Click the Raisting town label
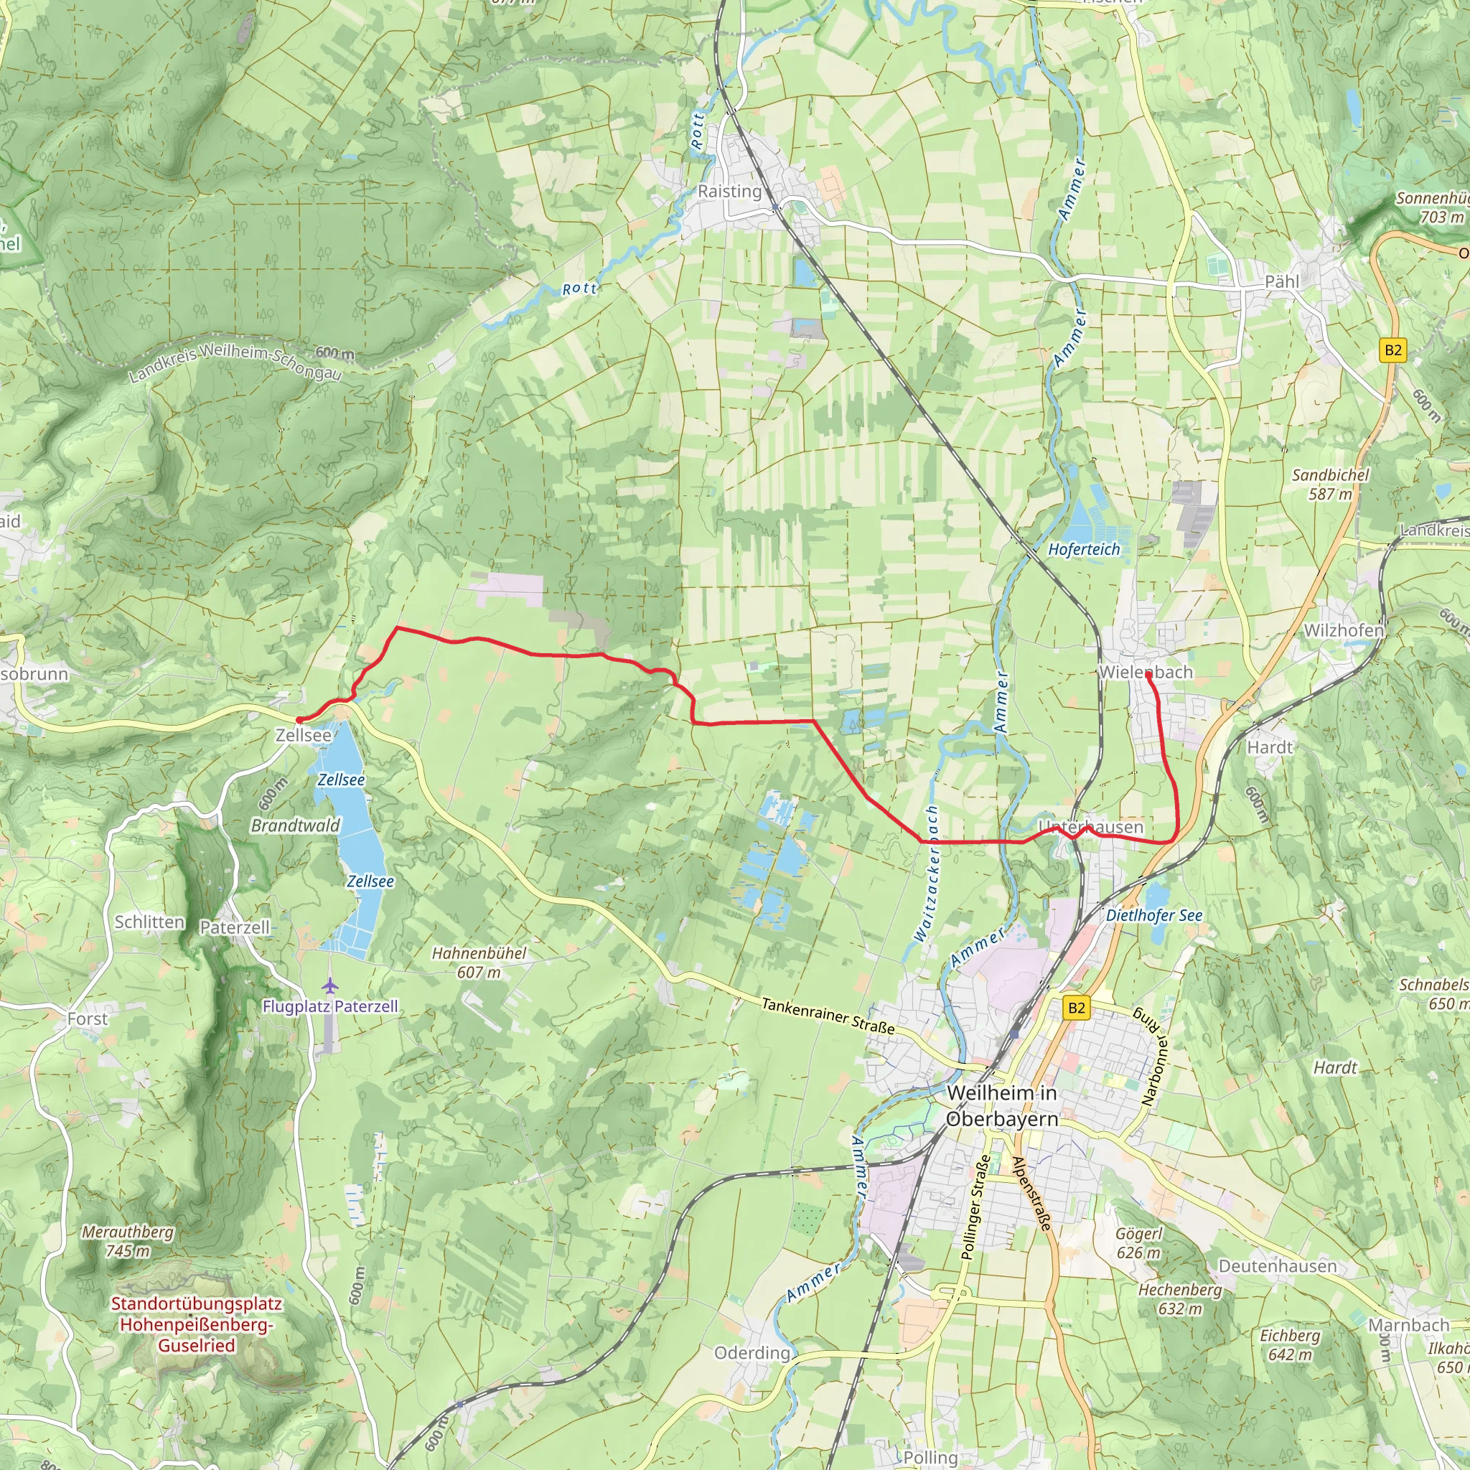(729, 191)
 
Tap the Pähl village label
(1282, 281)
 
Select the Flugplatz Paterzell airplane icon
(329, 986)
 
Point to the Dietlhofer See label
(1153, 915)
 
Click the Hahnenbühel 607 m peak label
(479, 963)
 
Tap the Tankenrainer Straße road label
(828, 1016)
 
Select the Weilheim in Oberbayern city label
(1002, 1105)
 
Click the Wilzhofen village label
(1343, 631)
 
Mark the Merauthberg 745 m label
(128, 1241)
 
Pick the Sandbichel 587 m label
(1330, 484)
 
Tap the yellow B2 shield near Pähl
(1392, 350)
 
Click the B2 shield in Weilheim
(1076, 1008)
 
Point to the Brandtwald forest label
(295, 825)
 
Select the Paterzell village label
(234, 927)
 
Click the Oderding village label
(752, 1353)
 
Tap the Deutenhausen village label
(1277, 1266)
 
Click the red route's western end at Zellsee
(299, 720)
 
